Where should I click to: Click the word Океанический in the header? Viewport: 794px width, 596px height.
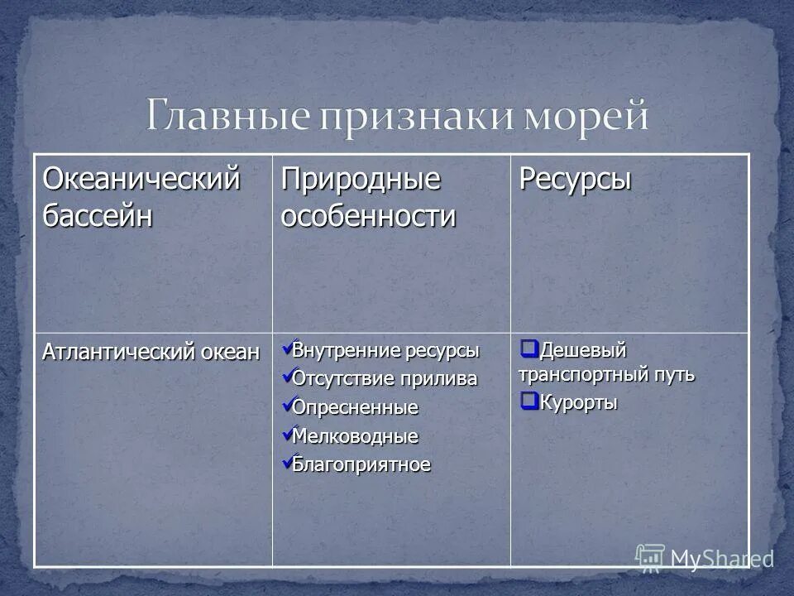(141, 180)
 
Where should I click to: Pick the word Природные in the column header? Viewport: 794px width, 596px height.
(361, 180)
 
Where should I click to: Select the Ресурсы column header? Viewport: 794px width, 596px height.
(575, 180)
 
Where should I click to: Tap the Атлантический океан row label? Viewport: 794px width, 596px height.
(151, 353)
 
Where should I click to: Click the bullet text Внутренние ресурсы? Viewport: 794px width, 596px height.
(385, 350)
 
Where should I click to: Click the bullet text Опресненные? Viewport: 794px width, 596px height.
(356, 408)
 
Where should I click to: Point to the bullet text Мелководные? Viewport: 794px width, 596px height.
(356, 436)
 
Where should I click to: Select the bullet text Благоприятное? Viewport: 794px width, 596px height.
(361, 464)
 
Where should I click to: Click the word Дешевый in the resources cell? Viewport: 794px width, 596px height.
(583, 350)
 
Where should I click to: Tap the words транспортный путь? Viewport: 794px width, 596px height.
(606, 375)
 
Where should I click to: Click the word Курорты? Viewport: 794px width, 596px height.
(579, 404)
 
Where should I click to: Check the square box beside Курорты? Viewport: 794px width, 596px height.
(529, 402)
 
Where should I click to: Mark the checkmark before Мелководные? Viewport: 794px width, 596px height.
(286, 434)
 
